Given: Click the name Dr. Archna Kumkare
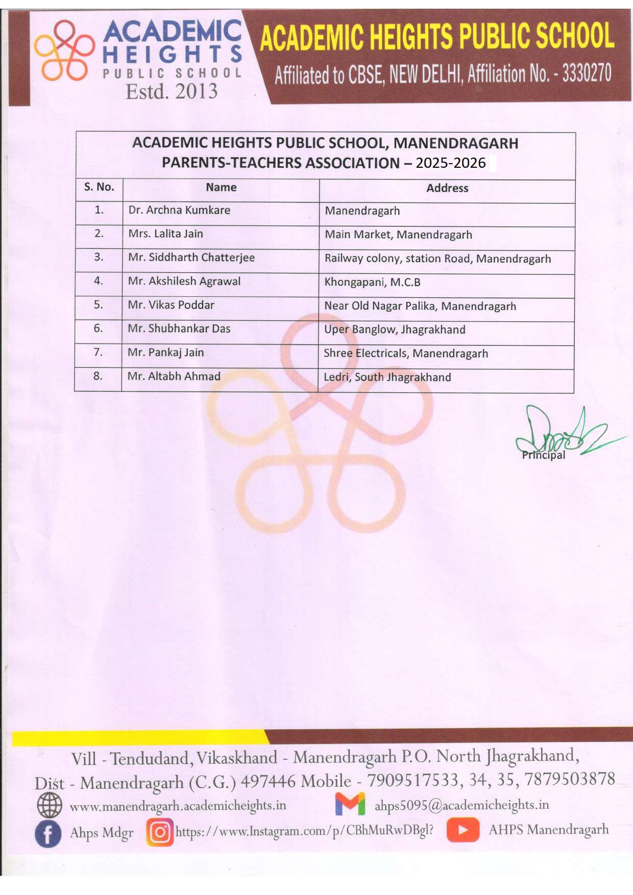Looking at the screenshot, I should coord(179,210).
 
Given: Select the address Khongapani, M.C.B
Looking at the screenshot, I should coord(372,282).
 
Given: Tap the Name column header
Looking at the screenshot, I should coord(221,187).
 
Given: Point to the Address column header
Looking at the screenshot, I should coord(447,188).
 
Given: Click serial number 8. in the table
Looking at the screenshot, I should coord(98,376).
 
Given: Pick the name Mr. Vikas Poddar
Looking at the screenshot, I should coord(171,305).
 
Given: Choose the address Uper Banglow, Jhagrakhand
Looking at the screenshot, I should coord(395,329).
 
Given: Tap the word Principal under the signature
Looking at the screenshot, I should coord(543,455).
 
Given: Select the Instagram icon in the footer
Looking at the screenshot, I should coord(160,832).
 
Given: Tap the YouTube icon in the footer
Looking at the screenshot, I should coord(462,829).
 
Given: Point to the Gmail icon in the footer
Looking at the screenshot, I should coord(350,804).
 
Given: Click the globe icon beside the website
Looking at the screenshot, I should coord(50,806).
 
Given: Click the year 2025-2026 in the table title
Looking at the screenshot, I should coord(451,163).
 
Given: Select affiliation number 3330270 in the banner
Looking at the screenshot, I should coord(587,73).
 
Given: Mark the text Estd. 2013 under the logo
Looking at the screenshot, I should coord(172,91).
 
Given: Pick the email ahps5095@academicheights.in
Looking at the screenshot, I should coord(461,805).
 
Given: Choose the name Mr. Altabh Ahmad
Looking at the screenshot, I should coord(174,376).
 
